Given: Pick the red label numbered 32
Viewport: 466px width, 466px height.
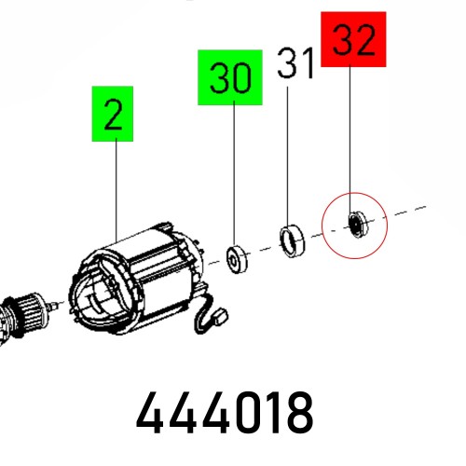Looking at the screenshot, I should tap(353, 39).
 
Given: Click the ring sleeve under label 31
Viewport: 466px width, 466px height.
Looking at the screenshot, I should tap(294, 239).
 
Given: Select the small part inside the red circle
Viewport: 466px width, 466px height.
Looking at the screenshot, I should tap(354, 223).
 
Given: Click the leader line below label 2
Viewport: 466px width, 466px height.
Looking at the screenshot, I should tap(114, 186).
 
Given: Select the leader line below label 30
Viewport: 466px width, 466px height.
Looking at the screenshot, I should tap(230, 177).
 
